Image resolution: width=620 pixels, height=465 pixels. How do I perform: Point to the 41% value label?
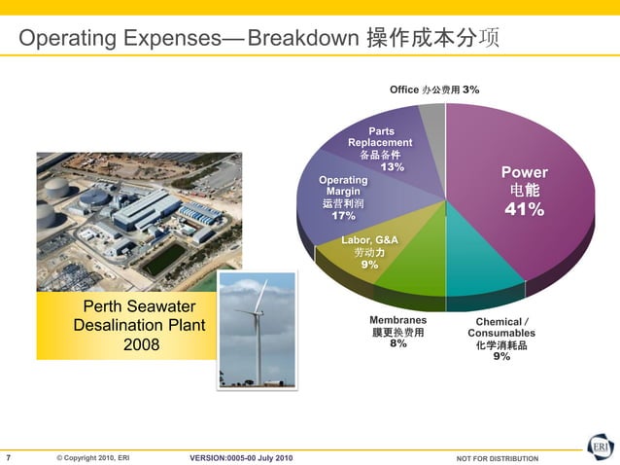523,211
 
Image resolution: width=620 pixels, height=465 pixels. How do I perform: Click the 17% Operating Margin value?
343,216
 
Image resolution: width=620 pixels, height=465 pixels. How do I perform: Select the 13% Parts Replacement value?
392,167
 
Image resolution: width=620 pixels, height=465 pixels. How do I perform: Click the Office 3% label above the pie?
433,89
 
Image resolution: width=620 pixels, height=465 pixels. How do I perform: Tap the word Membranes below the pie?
397,319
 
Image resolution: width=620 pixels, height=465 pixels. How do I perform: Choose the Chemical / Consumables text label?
501,327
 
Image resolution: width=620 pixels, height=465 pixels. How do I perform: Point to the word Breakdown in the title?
302,40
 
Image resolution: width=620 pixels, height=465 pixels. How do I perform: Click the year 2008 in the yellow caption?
141,344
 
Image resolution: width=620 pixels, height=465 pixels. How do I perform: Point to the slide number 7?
9,457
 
